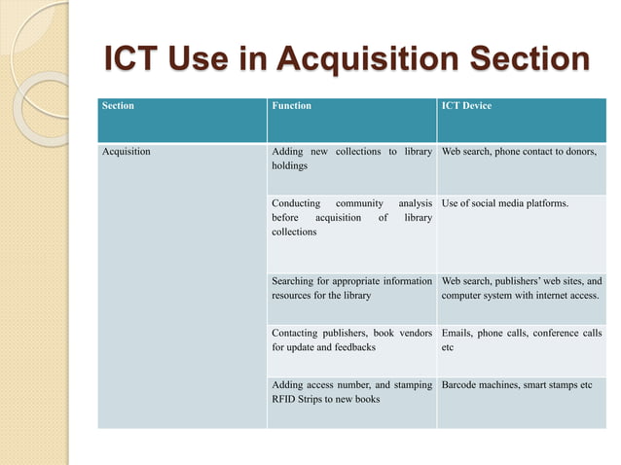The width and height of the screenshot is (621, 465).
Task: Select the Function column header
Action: [292, 106]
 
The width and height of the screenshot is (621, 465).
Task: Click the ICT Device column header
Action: [466, 106]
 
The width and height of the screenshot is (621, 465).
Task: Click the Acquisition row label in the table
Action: [127, 152]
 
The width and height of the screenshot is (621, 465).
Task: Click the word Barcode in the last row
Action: [462, 384]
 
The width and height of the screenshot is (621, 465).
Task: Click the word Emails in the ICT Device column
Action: [457, 333]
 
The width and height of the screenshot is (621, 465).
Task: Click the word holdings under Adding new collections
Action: [290, 166]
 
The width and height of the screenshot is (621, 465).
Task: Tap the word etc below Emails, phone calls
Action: [448, 347]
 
